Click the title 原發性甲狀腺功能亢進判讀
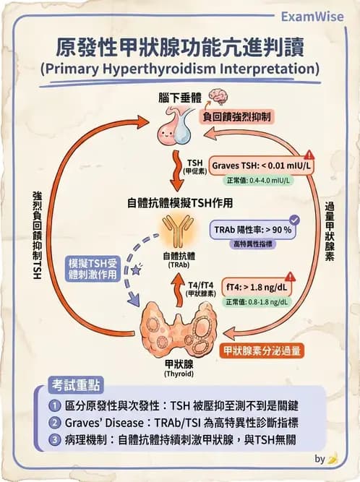tap(180, 48)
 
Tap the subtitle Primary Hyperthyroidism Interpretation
tap(180, 69)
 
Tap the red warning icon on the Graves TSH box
tap(309, 155)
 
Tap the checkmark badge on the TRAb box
tap(294, 220)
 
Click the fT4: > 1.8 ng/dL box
tap(252, 286)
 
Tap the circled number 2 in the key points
tap(56, 422)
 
